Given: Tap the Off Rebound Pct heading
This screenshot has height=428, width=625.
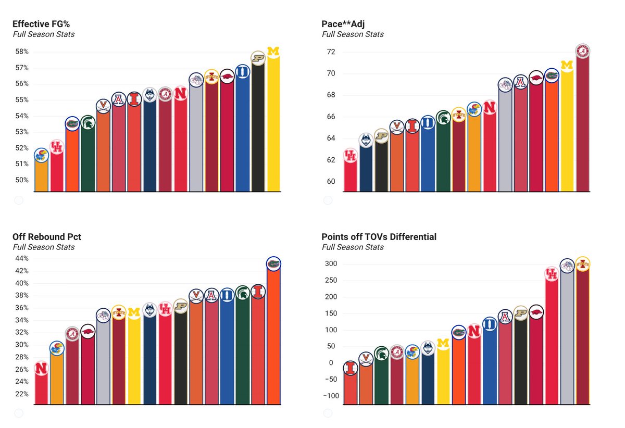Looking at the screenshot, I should [47, 237].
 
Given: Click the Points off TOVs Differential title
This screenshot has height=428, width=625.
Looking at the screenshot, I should [379, 237].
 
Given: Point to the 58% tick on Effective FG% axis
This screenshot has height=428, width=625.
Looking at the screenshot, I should [21, 52].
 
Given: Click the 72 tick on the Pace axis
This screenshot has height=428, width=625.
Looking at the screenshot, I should [331, 52].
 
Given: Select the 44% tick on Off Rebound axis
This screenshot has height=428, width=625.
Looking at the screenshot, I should [21, 259].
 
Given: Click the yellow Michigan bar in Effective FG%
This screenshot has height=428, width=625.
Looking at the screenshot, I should [273, 125].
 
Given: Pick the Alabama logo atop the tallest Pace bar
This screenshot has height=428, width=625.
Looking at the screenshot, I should [583, 51].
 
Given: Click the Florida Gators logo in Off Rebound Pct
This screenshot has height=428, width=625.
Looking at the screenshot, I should [273, 264].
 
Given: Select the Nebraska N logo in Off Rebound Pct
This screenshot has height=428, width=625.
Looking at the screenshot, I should [41, 368].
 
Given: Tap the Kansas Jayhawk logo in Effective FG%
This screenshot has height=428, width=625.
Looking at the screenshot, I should [41, 155].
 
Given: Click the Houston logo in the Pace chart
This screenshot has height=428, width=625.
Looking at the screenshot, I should [351, 155].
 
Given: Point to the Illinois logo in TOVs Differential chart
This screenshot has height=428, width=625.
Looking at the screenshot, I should [351, 368].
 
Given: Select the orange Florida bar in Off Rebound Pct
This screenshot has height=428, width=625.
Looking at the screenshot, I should [273, 338].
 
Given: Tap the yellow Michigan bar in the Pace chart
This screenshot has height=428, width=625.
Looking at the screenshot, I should [567, 130].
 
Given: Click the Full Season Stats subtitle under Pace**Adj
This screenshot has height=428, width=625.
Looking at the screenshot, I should [353, 34].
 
